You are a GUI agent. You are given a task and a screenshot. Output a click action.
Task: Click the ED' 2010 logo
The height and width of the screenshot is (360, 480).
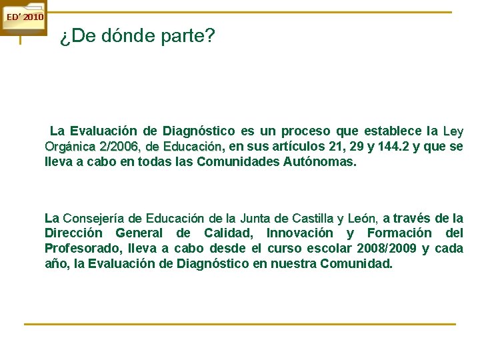pos(23,17)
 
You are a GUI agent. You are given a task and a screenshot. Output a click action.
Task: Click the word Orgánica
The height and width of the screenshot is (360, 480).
pos(70,147)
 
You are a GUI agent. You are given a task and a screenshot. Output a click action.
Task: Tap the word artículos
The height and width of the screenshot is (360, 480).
pos(299,147)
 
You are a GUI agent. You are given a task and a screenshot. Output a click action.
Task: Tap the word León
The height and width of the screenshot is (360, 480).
pos(362,219)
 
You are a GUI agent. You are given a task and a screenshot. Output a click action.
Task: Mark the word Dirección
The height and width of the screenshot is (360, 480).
pos(73,234)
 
